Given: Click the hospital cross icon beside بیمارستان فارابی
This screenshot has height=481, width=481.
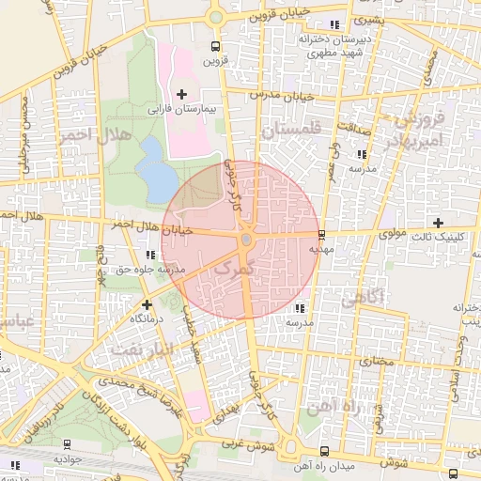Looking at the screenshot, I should [181, 94].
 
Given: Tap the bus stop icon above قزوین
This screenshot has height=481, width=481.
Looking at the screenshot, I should [216, 45].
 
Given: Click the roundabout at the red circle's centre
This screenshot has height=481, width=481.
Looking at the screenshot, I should [246, 240].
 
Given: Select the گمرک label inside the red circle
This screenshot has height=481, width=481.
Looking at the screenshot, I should [233, 269].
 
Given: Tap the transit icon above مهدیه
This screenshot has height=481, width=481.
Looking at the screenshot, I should [322, 234].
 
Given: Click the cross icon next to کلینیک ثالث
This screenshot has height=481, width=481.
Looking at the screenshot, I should [463, 222].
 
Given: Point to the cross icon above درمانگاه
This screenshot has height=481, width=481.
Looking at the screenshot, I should [147, 304].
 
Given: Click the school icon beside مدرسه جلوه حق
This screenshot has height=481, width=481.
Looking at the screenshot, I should [151, 255].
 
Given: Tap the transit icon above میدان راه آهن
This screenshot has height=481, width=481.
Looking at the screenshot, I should [324, 451].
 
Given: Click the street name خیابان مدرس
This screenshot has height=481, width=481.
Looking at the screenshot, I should [280, 96].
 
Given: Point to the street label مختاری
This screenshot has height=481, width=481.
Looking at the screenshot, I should [375, 360].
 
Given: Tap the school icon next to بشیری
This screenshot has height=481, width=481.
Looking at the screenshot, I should [334, 23].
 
